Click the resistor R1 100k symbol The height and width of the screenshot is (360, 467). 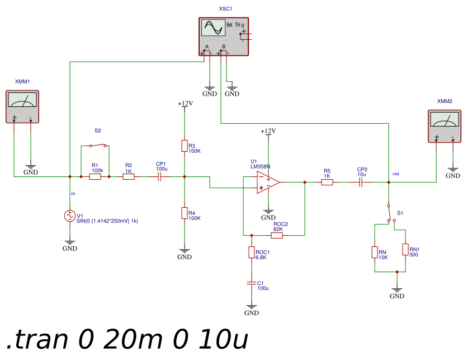pos(95,176)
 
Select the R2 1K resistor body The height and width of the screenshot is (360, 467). pos(129,176)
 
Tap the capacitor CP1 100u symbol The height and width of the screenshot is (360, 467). pos(159,176)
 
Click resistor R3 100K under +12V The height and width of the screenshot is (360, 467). pos(185,146)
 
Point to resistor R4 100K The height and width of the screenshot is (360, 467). pos(185,213)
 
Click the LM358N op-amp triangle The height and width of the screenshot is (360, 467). pos(268,182)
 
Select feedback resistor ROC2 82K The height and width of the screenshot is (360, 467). pos(277,236)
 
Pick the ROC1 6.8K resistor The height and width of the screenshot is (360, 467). pos(252,253)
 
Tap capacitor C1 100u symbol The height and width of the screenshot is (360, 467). pos(252,283)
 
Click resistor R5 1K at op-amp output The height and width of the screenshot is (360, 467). pos(327,182)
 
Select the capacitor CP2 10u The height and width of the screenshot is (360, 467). pos(361,182)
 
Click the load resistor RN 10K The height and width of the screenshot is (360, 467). pos(375,253)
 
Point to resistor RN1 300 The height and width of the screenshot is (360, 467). pos(405,249)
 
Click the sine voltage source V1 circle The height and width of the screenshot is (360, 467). pos(70,216)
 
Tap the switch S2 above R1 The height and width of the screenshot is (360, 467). pos(98,145)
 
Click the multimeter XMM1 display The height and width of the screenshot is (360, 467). pos(22,100)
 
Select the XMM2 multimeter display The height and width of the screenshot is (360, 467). pos(445,119)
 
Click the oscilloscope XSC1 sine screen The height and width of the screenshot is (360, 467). pos(213,28)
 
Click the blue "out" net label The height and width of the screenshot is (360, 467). pos(396,174)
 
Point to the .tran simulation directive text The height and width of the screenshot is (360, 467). pos(127,339)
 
